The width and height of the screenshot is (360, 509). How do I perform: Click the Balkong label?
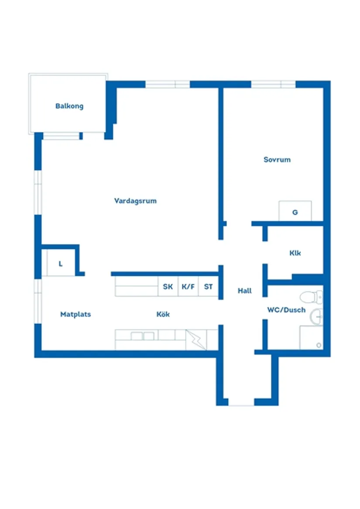[69, 106]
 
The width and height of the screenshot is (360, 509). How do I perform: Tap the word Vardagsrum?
[135, 201]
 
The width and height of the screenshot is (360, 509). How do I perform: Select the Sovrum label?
[277, 160]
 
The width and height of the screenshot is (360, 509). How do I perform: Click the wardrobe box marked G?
[295, 211]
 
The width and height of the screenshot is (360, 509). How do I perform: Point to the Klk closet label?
[295, 253]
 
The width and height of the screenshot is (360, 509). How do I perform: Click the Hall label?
[245, 291]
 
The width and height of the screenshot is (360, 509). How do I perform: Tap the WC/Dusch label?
[286, 310]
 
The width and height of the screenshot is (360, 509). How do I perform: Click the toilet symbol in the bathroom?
[310, 297]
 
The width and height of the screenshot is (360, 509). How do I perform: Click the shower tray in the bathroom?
[311, 338]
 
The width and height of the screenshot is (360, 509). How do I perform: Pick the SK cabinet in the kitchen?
[168, 287]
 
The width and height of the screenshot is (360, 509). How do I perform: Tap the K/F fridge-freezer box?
[188, 287]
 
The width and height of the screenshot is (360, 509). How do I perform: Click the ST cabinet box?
[209, 287]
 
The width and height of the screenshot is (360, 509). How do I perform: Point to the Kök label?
[163, 314]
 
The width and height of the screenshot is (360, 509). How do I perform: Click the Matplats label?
[75, 314]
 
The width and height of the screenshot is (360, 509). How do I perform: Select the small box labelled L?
[61, 264]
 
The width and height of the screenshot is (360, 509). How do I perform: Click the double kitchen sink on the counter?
[143, 336]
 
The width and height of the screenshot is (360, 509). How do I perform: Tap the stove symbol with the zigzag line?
[196, 340]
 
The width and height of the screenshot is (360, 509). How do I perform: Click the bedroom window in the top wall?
[273, 84]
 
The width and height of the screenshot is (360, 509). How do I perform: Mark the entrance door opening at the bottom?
[241, 402]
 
